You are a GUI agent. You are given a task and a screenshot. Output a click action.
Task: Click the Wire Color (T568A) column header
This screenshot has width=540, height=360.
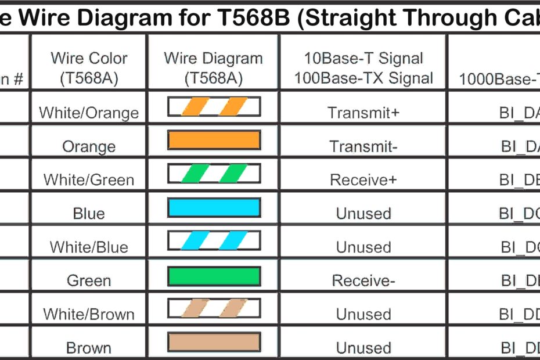tap(89, 68)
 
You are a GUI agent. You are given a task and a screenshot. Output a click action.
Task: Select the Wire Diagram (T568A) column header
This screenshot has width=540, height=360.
tap(213, 68)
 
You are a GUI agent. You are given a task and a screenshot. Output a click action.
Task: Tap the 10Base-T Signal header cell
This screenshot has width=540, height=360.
tap(363, 68)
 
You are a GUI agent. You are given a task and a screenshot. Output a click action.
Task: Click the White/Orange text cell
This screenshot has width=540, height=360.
tap(89, 113)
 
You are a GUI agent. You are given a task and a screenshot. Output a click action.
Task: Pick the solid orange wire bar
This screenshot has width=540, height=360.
tap(214, 140)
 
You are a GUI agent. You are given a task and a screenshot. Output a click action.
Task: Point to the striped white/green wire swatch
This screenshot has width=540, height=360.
tap(214, 173)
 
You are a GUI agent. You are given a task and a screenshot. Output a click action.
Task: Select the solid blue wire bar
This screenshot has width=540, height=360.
tap(214, 207)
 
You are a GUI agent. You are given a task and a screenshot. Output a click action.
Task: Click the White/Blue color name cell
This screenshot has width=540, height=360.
tap(89, 247)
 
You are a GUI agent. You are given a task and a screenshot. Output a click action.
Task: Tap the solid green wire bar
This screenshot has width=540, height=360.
tap(214, 276)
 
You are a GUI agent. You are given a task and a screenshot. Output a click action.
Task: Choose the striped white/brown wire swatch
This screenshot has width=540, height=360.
tap(214, 308)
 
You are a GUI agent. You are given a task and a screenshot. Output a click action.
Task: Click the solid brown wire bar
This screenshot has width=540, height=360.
tap(214, 342)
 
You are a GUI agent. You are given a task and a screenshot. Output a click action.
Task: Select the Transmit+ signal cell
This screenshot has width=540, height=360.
tap(363, 113)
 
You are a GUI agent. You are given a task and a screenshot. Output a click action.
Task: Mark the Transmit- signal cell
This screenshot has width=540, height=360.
tap(363, 146)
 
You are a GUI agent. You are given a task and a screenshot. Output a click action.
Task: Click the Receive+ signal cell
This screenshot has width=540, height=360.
tap(363, 180)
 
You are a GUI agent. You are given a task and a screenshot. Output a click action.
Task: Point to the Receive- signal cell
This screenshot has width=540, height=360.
tap(363, 281)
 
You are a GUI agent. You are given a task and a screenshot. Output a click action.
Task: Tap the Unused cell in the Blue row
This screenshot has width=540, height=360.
tap(363, 214)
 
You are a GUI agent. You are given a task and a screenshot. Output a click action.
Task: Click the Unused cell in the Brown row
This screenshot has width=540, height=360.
tap(363, 348)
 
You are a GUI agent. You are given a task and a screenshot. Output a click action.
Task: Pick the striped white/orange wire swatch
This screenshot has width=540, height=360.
tap(214, 106)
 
